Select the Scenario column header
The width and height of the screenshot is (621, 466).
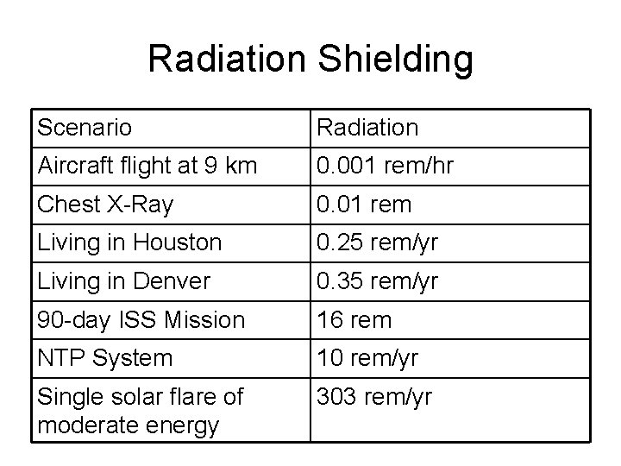85,129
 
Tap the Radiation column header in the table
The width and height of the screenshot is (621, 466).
367,129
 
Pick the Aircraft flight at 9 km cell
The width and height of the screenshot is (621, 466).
147,166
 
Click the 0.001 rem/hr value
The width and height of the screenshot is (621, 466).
385,166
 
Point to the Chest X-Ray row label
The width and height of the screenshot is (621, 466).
105,205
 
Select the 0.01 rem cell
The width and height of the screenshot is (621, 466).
364,205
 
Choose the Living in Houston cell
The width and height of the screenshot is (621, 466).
129,243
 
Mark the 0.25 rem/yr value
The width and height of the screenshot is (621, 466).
379,243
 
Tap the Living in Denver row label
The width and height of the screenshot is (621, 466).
123,281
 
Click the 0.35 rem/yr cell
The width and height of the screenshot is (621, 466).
379,281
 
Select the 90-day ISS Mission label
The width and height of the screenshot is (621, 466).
141,320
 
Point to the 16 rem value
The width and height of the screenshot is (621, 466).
354,320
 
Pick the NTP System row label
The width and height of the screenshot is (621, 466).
104,357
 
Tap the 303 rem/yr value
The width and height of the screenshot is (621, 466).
374,397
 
